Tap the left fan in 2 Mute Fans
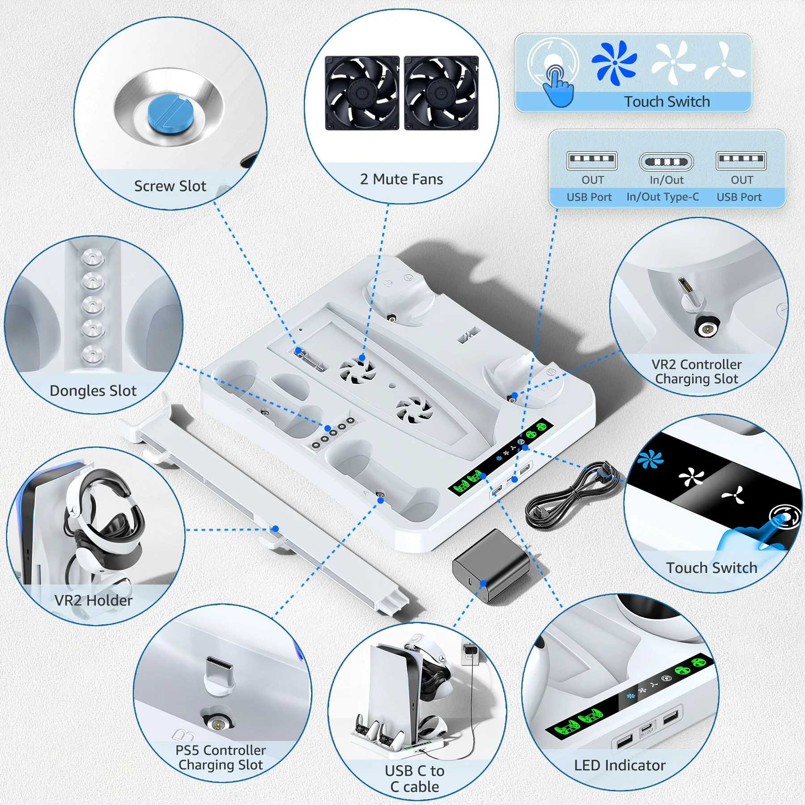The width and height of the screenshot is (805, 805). click(x=362, y=93)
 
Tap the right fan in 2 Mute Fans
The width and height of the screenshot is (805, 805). click(x=441, y=93)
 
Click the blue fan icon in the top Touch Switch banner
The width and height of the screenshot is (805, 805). click(x=614, y=63)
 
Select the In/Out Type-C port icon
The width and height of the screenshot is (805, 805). click(x=666, y=161)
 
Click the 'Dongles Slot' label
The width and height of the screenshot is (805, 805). click(x=93, y=390)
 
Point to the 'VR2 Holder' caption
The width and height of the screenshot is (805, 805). click(x=93, y=600)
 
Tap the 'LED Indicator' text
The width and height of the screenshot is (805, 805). click(x=619, y=765)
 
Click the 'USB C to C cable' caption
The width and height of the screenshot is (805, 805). click(x=415, y=779)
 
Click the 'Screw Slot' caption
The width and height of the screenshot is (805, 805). click(x=170, y=186)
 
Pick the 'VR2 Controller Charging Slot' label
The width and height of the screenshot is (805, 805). click(x=696, y=371)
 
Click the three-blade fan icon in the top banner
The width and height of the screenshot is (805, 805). click(x=724, y=63)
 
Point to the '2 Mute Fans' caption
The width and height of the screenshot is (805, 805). click(x=401, y=179)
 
